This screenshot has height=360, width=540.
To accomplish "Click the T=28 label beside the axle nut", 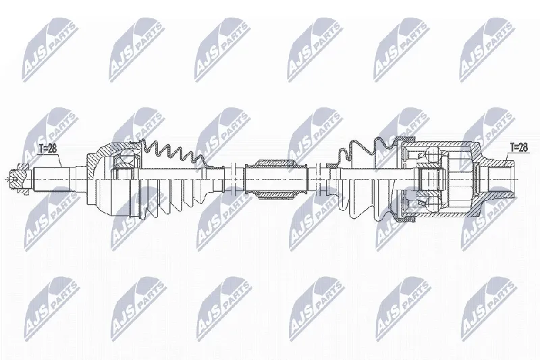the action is pyautogui.click(x=47, y=149).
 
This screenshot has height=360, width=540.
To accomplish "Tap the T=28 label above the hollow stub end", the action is pyautogui.click(x=518, y=147).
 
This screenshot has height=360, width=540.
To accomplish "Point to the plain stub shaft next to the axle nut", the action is pyautogui.click(x=51, y=180).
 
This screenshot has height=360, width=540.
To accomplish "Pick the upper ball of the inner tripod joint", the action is pyautogui.click(x=432, y=153).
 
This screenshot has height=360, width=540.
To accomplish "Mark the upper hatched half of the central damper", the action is pyautogui.click(x=276, y=163).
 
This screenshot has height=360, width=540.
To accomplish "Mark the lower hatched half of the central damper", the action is pyautogui.click(x=276, y=195).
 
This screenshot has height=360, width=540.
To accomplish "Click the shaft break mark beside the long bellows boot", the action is pyautogui.click(x=233, y=179).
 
